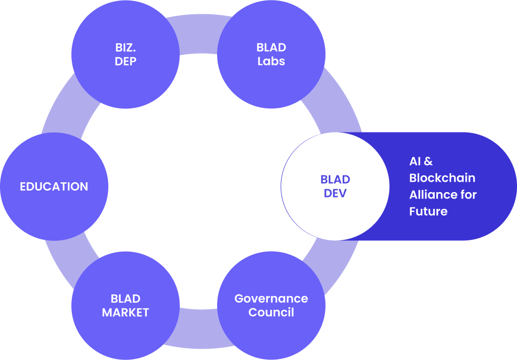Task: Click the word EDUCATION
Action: (54, 187)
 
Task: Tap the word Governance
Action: (271, 298)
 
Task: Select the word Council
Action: (271, 312)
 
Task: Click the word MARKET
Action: (126, 312)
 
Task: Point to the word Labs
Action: (271, 62)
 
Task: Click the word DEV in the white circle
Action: (335, 193)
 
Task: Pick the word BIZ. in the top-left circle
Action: (126, 48)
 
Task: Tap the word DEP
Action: (126, 62)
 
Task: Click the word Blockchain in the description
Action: (442, 178)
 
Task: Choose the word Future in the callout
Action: (428, 211)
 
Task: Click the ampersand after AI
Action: (428, 161)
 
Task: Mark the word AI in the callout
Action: (415, 161)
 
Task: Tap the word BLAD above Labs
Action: (271, 48)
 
